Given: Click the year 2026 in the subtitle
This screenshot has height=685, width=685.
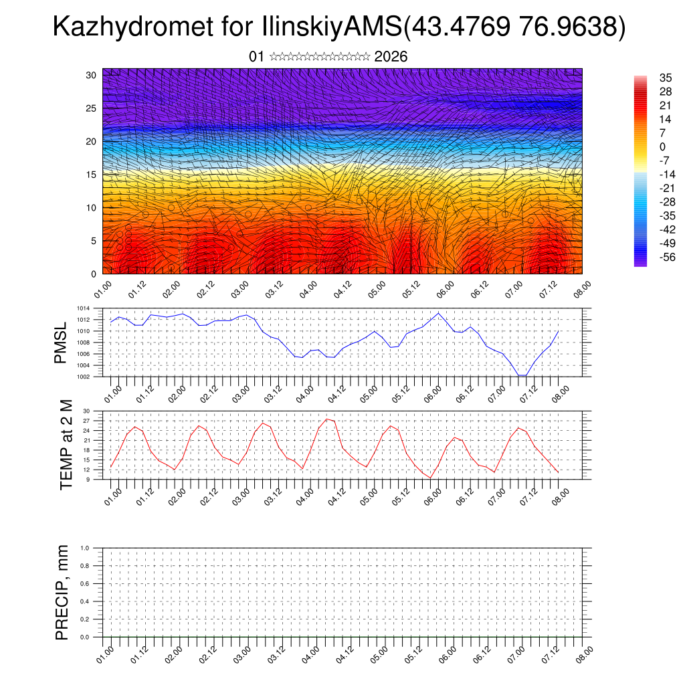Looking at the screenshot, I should [x=391, y=57].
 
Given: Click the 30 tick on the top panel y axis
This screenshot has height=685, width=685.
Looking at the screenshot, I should [x=92, y=75].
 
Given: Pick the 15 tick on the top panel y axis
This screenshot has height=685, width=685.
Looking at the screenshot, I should [x=92, y=175].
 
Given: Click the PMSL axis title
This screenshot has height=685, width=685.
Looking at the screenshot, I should [x=62, y=342].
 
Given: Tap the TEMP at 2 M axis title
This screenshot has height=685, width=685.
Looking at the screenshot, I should [x=66, y=445].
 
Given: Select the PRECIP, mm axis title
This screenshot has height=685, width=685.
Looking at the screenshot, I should [x=62, y=592].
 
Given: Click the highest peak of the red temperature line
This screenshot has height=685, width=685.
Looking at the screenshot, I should [x=326, y=419].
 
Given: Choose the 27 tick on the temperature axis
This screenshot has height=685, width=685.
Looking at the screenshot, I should [x=87, y=421].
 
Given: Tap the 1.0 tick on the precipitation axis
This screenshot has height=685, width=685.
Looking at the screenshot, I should [x=85, y=548].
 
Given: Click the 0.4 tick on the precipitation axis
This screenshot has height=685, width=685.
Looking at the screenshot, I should [x=85, y=601].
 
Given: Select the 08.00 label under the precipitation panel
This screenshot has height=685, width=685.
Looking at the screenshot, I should [x=583, y=653].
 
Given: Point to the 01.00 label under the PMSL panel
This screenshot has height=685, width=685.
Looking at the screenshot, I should [x=112, y=392].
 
